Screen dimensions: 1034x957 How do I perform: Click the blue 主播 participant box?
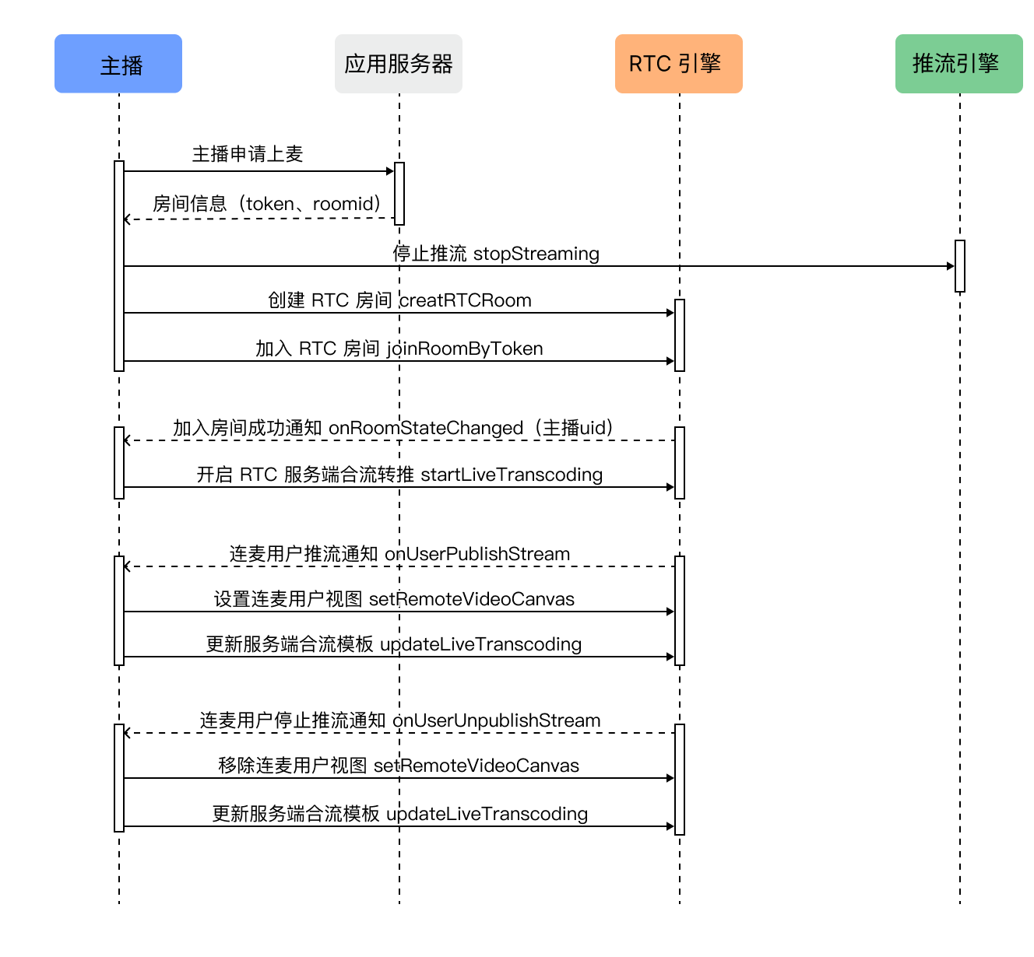pos(118,64)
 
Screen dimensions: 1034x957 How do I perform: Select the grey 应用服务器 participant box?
pos(399,64)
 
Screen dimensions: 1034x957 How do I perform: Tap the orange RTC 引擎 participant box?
pos(678,64)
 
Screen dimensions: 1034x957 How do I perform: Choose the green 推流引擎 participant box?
pos(958,64)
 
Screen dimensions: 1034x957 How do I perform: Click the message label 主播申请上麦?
pos(248,154)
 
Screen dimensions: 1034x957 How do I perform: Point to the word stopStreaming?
pos(536,254)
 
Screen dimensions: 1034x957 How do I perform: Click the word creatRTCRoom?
pos(465,301)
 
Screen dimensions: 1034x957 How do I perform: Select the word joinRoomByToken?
pos(465,349)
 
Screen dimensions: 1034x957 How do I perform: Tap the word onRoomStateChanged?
pos(426,428)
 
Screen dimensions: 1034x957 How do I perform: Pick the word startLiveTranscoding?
pos(512,475)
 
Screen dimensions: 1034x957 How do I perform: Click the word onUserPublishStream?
pos(477,554)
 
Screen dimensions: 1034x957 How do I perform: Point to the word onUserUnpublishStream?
pos(496,720)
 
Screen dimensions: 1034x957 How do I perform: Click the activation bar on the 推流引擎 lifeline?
pos(959,266)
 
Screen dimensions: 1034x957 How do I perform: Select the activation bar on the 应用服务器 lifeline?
pos(399,194)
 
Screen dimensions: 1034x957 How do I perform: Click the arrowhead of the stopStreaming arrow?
pos(951,266)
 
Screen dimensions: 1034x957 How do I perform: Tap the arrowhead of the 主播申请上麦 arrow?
pos(390,171)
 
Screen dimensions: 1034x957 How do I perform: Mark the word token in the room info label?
pos(269,204)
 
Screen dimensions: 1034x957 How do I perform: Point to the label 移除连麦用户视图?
pos(293,766)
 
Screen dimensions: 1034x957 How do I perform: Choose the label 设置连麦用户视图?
pos(288,599)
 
